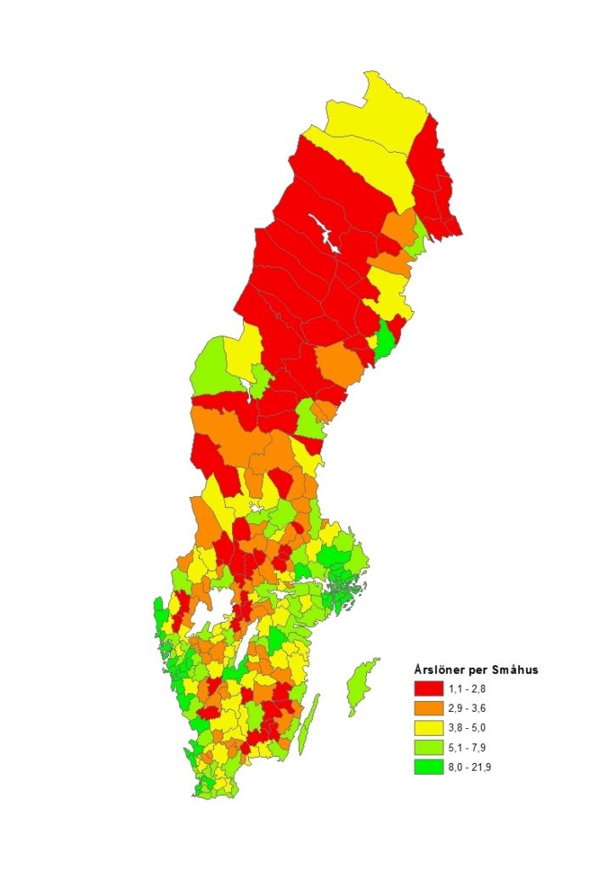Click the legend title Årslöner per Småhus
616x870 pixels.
(476, 669)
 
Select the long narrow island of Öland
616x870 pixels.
(311, 722)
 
